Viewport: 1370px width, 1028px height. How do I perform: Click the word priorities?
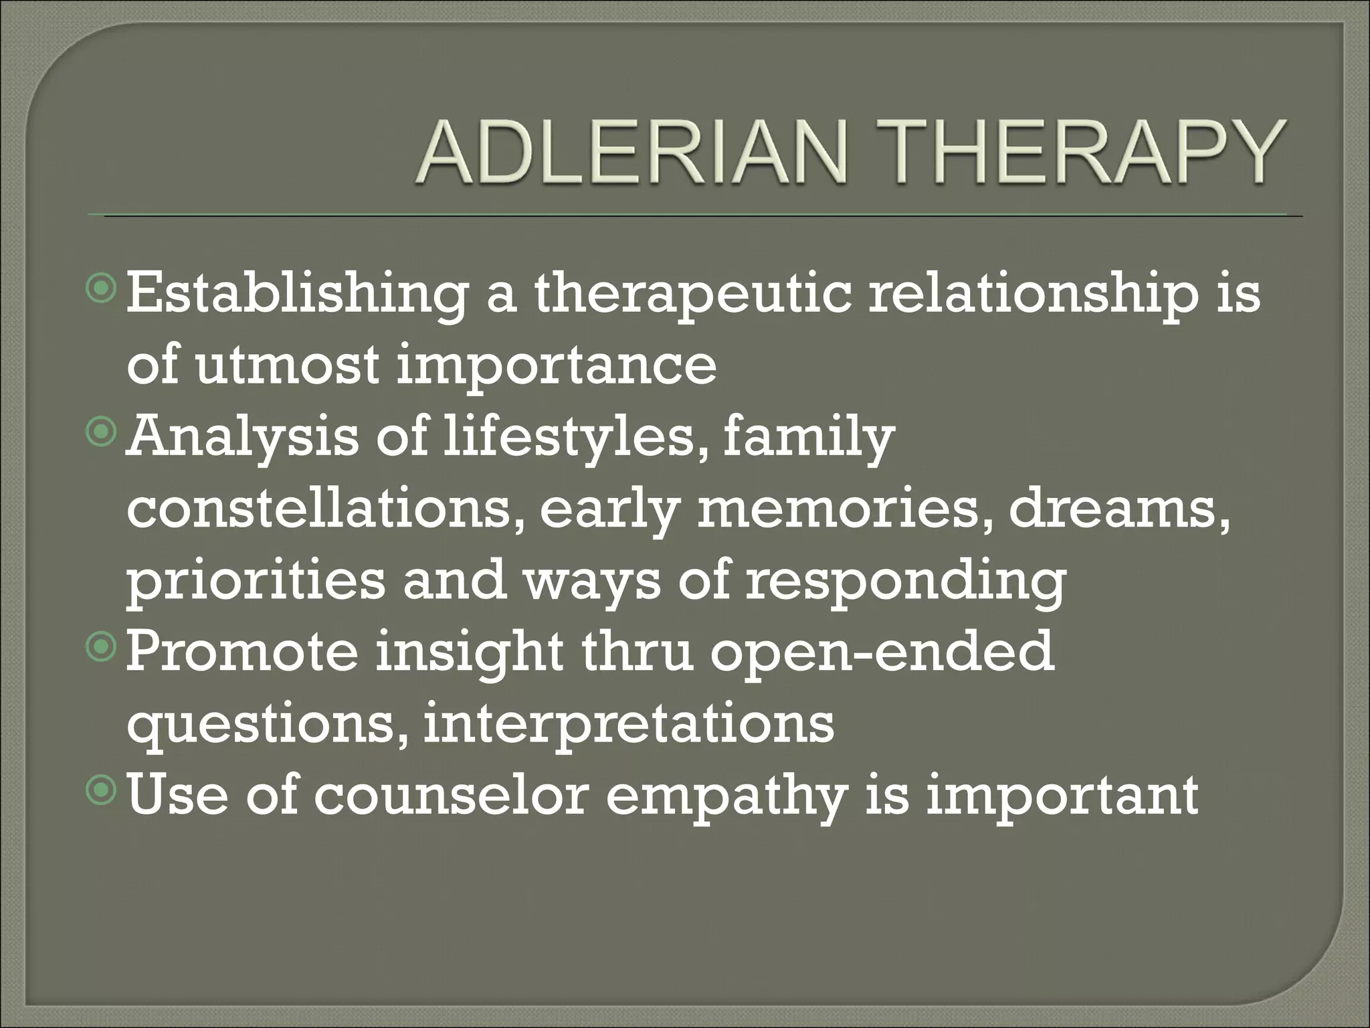click(256, 582)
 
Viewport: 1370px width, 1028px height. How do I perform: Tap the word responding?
click(906, 582)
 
